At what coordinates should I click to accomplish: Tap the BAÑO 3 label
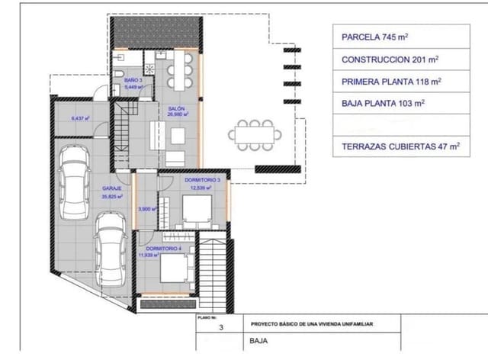pyautogui.click(x=133, y=79)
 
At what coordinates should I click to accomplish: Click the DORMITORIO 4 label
pyautogui.click(x=163, y=249)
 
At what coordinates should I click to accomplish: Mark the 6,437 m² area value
pyautogui.click(x=80, y=118)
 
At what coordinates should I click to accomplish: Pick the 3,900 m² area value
pyautogui.click(x=147, y=209)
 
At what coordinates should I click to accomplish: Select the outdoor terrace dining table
pyautogui.click(x=255, y=135)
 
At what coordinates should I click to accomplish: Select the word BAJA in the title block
pyautogui.click(x=258, y=342)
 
